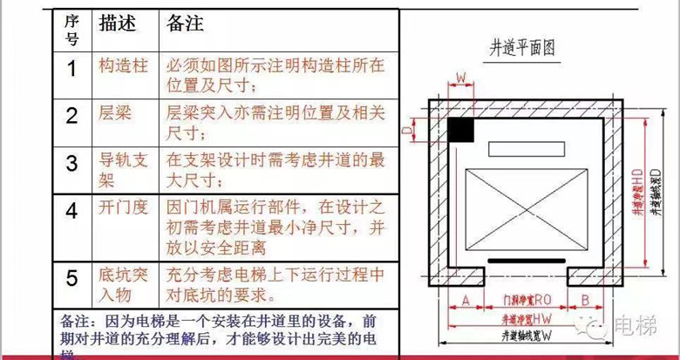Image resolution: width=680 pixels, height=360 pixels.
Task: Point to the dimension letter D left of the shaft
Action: click(407, 128)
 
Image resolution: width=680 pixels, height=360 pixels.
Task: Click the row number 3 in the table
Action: click(73, 163)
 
